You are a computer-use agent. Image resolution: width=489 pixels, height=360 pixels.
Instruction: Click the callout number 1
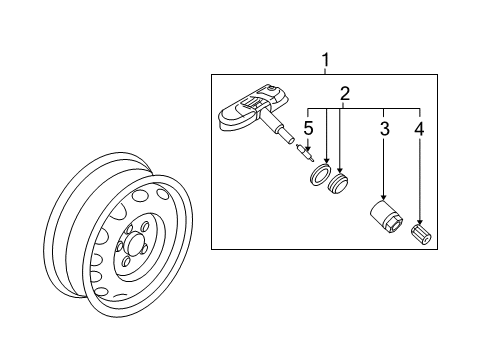coord(326,60)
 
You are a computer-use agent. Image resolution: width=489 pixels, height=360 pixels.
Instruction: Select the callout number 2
coord(345,94)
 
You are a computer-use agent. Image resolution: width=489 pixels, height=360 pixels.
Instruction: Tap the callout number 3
coord(385,128)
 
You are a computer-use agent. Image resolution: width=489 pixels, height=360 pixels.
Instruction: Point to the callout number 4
coord(419,128)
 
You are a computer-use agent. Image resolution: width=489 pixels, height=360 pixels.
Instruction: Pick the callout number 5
coord(308,128)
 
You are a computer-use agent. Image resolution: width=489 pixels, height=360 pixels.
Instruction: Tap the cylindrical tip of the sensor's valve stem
coord(288,138)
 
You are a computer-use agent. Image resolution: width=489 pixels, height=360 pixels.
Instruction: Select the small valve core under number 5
coord(305,153)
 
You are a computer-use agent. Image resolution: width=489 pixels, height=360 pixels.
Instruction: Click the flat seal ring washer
coord(319,174)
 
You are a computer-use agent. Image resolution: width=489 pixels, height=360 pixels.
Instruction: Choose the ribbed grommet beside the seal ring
coord(338,183)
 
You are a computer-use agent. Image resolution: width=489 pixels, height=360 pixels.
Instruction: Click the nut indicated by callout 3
coord(386,217)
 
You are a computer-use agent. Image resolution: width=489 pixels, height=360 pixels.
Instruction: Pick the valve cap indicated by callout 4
coord(421,235)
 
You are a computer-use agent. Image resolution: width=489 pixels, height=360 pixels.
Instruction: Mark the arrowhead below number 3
coord(384,197)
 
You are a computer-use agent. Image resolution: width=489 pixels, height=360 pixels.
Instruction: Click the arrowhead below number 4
coord(420,221)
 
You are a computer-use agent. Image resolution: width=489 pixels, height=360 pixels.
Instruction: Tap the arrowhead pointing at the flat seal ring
coord(326,160)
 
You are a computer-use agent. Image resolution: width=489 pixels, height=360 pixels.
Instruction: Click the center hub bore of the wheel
coord(135,243)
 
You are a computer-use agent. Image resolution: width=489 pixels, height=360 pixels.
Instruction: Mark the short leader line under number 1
coord(326,71)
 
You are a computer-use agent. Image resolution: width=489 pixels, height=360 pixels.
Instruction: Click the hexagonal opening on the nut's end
coord(396,226)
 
